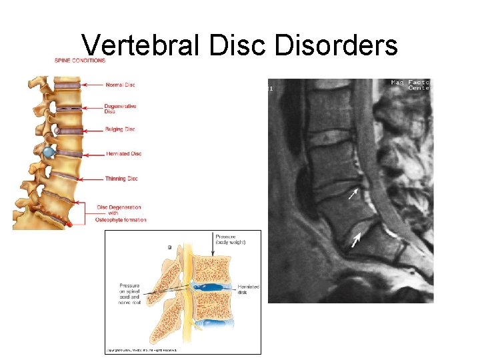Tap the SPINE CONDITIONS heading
[x=80, y=61]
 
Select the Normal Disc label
[x=120, y=85]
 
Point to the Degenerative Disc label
[x=120, y=109]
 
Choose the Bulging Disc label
[x=120, y=129]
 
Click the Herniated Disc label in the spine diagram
[x=124, y=154]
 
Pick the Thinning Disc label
[x=121, y=179]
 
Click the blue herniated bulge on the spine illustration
[x=48, y=153]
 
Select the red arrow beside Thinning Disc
[x=92, y=179]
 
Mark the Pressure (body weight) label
[x=230, y=239]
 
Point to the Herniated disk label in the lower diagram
[x=249, y=289]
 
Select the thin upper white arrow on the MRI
[x=352, y=195]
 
